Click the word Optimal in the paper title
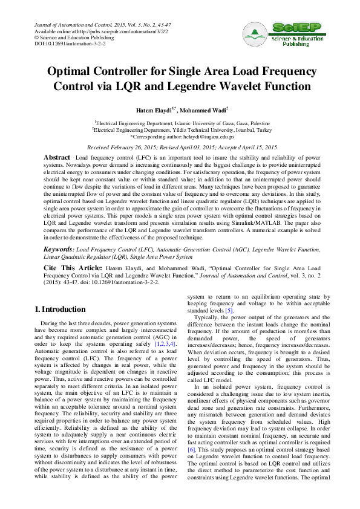coord(73,71)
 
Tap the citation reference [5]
coord(229,310)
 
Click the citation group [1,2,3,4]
coord(165,343)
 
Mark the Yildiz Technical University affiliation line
coord(180,129)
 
